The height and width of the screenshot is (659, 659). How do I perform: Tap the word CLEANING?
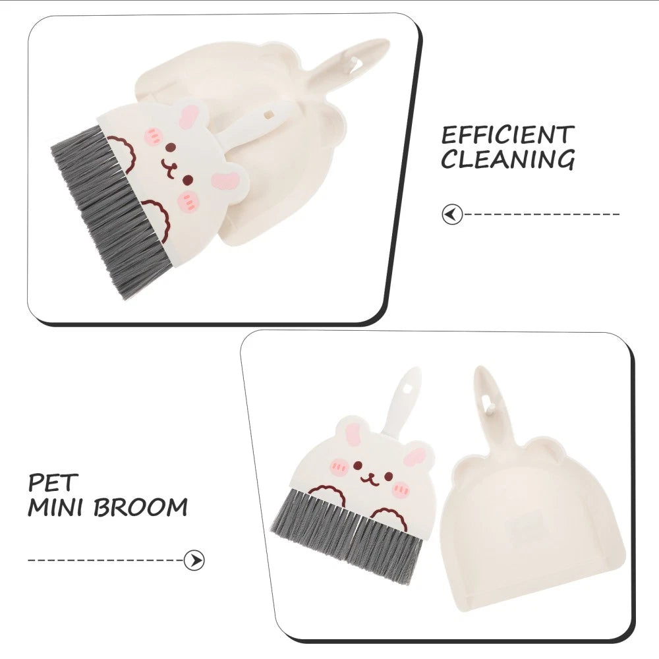[x=507, y=159]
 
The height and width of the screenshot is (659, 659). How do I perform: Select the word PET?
[x=53, y=482]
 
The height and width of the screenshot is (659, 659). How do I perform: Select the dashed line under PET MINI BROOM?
[x=105, y=560]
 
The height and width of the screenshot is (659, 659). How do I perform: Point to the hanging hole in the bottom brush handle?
[x=413, y=380]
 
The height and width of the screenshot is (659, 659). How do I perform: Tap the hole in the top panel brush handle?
[x=268, y=114]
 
